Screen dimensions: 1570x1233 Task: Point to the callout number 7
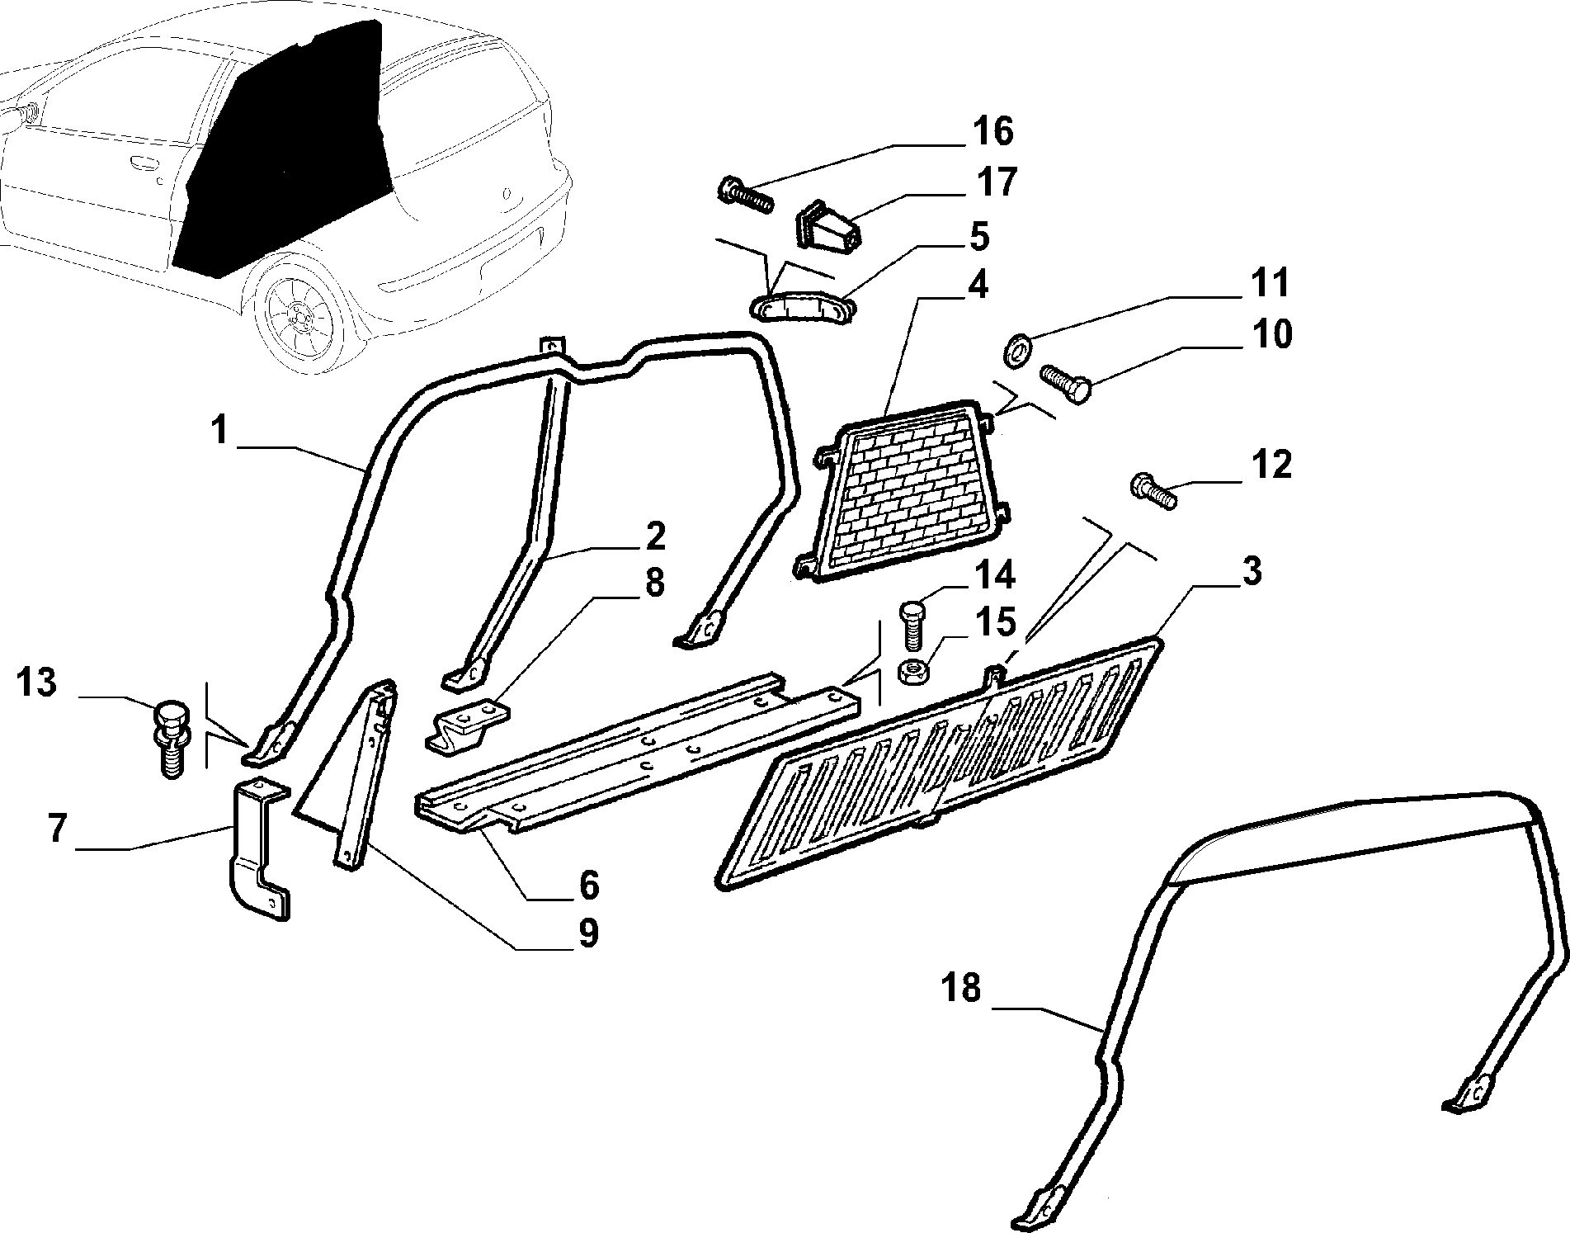tap(57, 829)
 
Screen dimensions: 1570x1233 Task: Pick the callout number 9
tap(587, 933)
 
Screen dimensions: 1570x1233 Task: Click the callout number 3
tap(1252, 571)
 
